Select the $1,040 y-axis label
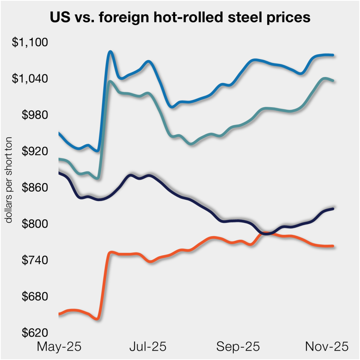29,79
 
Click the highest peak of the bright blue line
110,52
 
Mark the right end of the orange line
333,246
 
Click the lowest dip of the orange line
97,319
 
